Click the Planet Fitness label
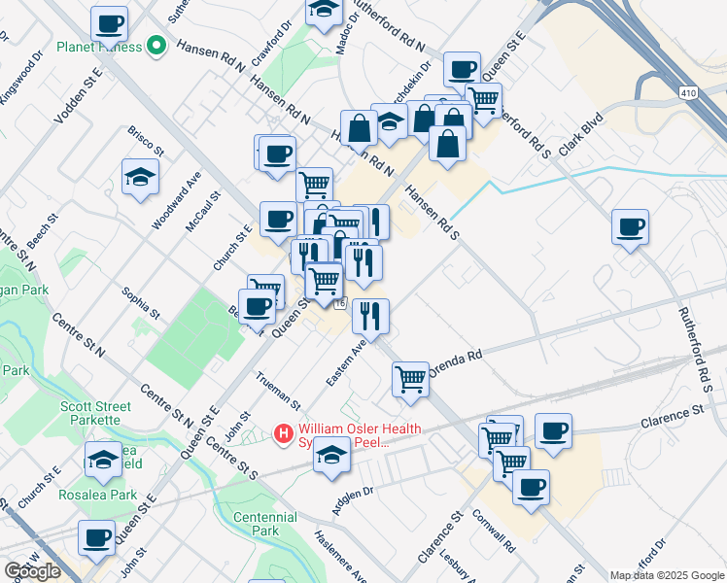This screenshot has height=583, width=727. click(98, 47)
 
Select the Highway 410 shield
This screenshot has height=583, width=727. click(686, 90)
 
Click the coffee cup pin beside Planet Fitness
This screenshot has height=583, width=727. click(110, 23)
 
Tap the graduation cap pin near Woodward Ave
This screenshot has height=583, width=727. click(140, 177)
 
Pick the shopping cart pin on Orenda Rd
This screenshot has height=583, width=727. click(411, 379)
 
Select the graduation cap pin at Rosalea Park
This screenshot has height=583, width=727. click(103, 462)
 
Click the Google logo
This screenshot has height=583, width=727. click(32, 571)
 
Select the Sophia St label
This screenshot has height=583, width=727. click(140, 302)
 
